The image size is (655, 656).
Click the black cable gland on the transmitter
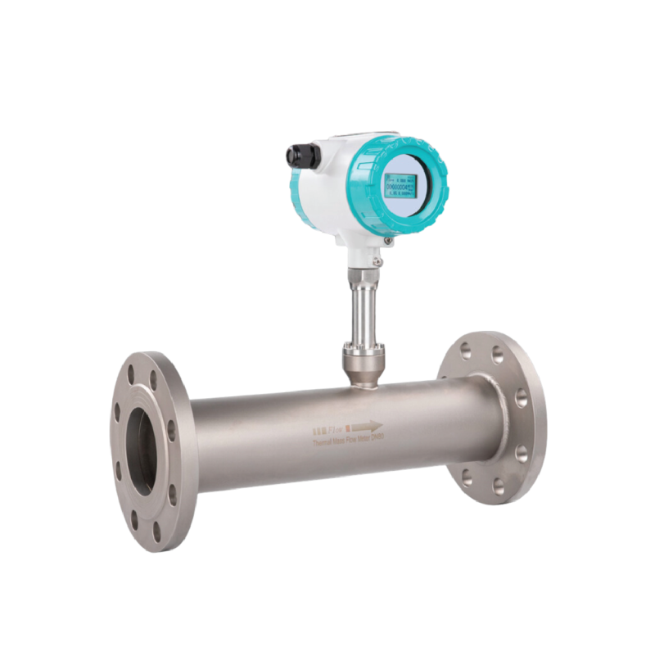point(296,155)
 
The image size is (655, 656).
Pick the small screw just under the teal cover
point(379,260)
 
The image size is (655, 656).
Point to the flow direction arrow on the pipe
point(368,426)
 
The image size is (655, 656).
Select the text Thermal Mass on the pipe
point(327,441)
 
